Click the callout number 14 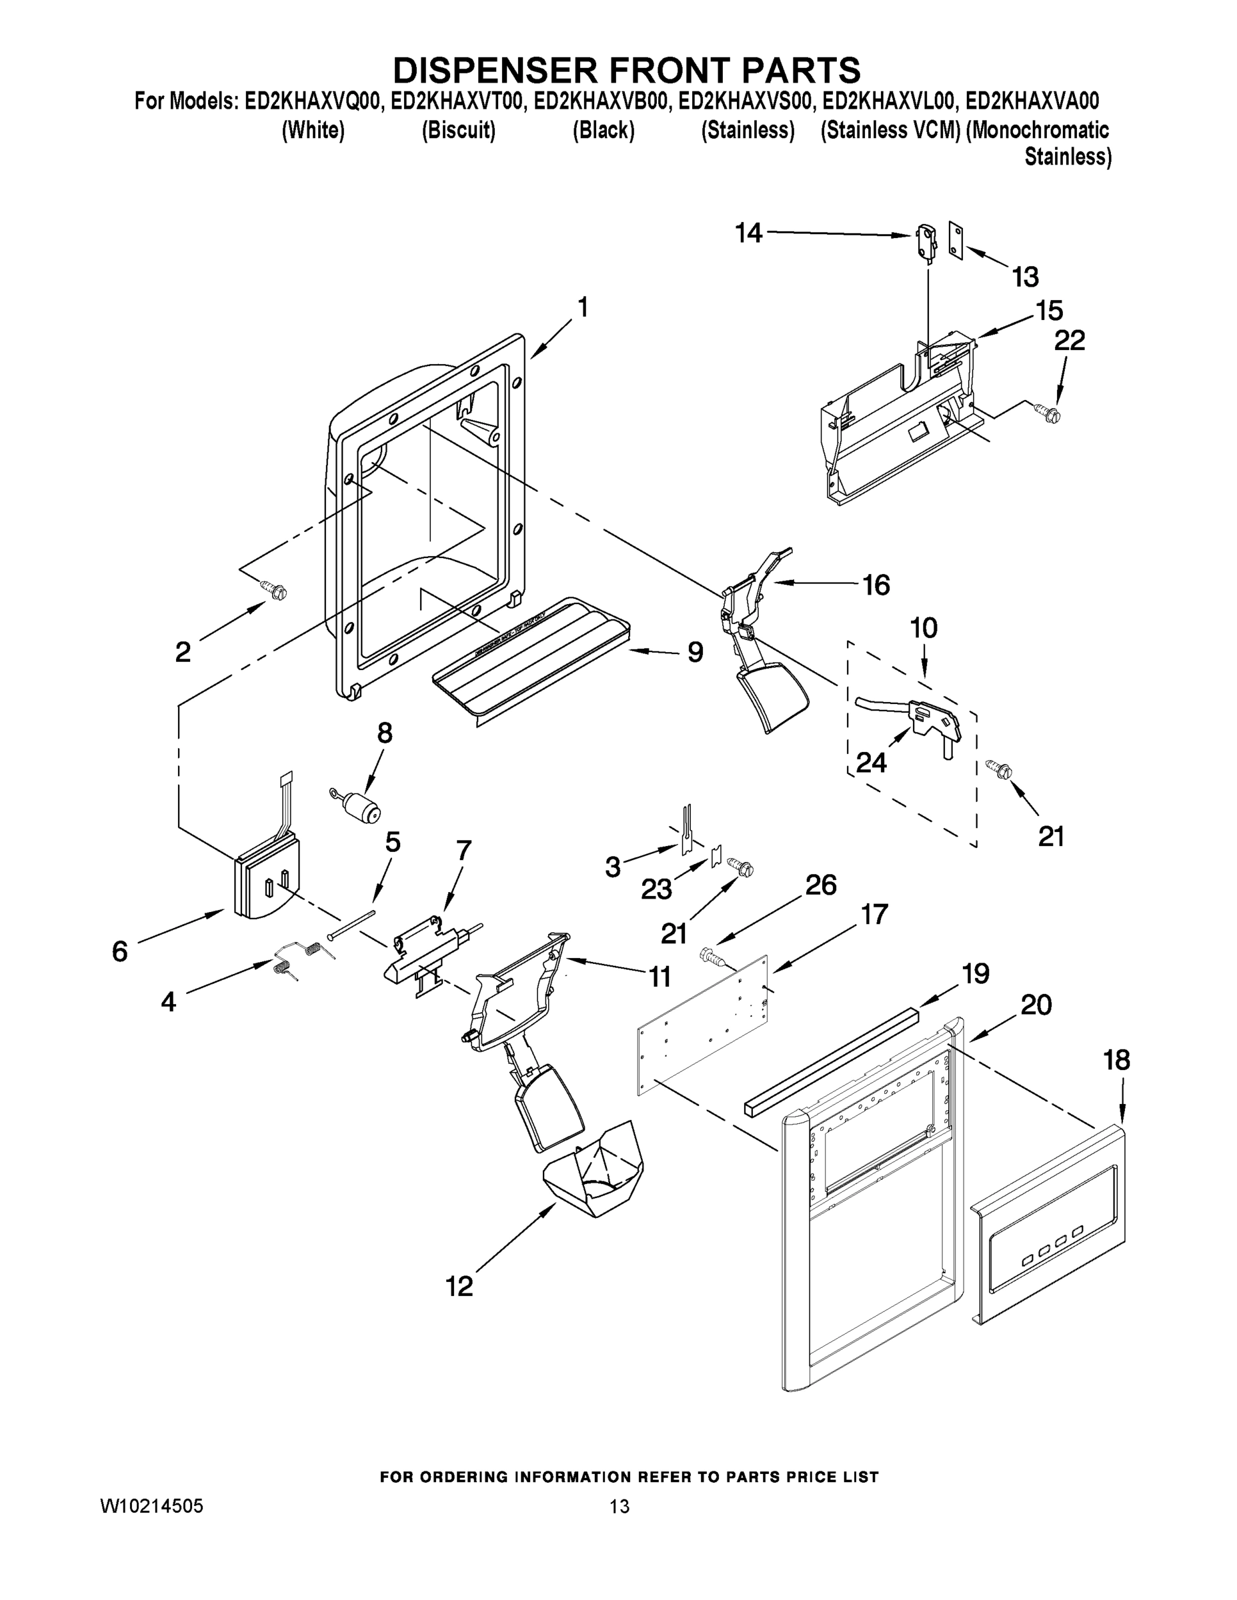coord(749,234)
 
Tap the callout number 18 coord(1116,1060)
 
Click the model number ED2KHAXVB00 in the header coord(601,101)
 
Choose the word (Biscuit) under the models coord(459,131)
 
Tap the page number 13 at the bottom coord(620,1507)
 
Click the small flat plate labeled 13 coord(956,241)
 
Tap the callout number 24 coord(872,763)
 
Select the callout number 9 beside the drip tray coord(695,651)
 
